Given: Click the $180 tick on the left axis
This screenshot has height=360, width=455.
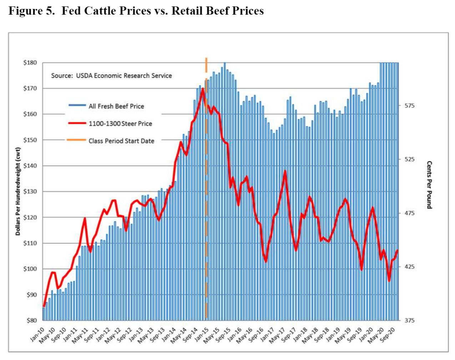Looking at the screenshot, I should pyautogui.click(x=30, y=63).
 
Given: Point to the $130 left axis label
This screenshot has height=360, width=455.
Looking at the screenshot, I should pyautogui.click(x=30, y=192).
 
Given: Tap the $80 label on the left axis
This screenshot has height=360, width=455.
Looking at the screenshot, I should pyautogui.click(x=31, y=320).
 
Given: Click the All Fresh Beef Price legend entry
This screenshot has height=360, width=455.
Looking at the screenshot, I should pyautogui.click(x=116, y=106).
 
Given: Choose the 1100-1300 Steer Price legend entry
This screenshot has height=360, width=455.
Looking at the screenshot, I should pyautogui.click(x=120, y=124).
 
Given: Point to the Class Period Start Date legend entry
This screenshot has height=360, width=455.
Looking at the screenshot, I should pyautogui.click(x=121, y=141).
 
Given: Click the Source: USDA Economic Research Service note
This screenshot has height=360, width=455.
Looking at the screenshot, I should pyautogui.click(x=111, y=76).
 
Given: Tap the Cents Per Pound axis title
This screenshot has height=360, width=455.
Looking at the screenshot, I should pyautogui.click(x=429, y=185).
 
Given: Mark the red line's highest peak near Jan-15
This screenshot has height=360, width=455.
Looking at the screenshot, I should pyautogui.click(x=203, y=89).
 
